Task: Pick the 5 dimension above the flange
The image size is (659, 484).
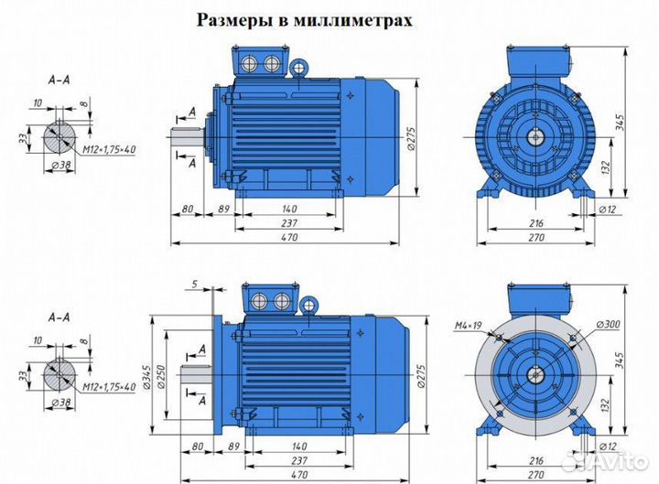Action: (x=195, y=284)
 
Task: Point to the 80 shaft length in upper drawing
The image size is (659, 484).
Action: (x=187, y=209)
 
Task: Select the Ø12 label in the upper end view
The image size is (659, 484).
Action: (x=606, y=209)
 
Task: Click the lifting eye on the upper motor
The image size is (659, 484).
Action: (x=298, y=67)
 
